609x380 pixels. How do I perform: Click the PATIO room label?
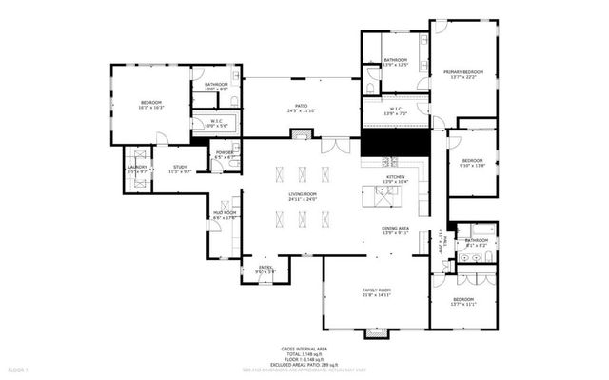pyautogui.click(x=299, y=107)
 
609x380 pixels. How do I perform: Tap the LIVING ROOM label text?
pyautogui.click(x=303, y=194)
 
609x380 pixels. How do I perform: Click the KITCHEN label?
pyautogui.click(x=395, y=177)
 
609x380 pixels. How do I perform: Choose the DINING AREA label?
pyautogui.click(x=395, y=229)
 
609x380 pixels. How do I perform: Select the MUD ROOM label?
pyautogui.click(x=223, y=213)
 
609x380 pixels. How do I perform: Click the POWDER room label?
pyautogui.click(x=225, y=152)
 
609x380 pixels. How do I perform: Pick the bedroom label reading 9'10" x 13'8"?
pyautogui.click(x=473, y=160)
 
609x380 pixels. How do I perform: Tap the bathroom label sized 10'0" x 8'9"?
pyautogui.click(x=217, y=85)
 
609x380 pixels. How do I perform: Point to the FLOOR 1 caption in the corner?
pyautogui.click(x=18, y=369)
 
